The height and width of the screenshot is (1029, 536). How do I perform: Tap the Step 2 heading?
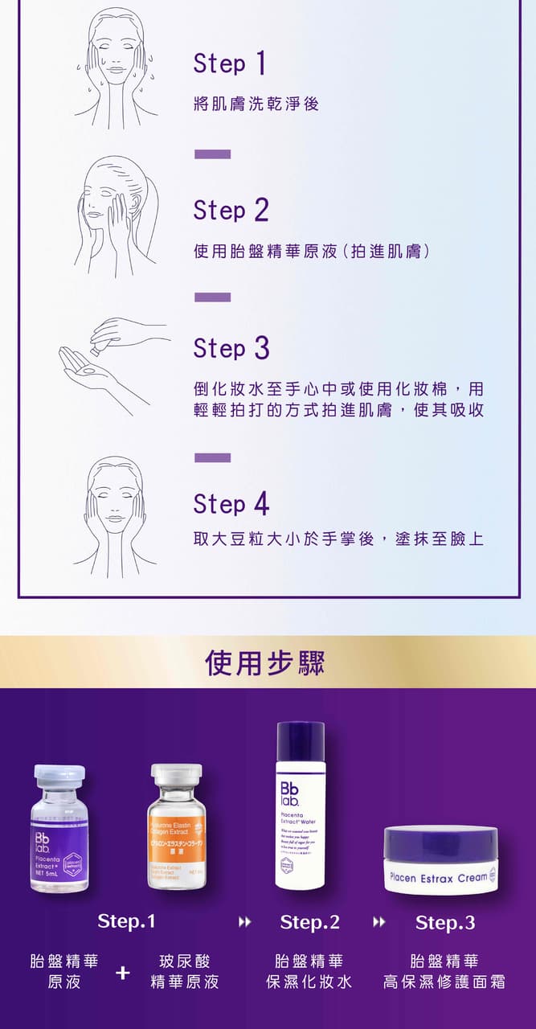click(231, 211)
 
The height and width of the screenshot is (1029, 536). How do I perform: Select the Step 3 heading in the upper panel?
click(231, 349)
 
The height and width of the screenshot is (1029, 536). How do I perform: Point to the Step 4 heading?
click(231, 505)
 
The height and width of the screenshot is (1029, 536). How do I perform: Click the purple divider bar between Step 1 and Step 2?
click(212, 154)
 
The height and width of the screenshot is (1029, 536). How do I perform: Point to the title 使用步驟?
click(265, 662)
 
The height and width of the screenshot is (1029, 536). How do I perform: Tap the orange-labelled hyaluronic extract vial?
click(177, 828)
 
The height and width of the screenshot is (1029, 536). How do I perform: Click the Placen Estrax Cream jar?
click(440, 860)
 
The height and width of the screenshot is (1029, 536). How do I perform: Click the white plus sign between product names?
click(122, 973)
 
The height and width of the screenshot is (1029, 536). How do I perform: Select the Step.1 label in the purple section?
click(126, 921)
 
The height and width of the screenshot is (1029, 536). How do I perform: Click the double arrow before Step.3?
click(378, 922)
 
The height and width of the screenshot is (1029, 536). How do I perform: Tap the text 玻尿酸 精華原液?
click(185, 972)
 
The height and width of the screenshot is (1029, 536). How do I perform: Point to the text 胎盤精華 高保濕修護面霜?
click(444, 972)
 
